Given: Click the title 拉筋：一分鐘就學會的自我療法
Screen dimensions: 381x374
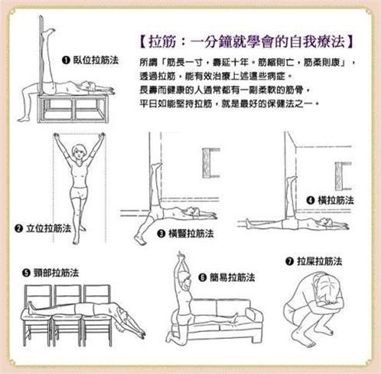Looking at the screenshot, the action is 246,42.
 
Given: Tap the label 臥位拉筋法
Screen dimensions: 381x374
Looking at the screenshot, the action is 96,60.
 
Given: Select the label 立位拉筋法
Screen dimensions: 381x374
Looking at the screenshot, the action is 49,228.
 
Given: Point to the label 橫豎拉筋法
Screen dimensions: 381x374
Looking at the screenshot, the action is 191,234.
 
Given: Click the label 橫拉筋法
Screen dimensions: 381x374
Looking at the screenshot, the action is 336,200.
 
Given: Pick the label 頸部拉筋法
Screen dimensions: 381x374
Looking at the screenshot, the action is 56,273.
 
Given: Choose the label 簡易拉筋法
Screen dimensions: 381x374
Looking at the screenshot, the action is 232,277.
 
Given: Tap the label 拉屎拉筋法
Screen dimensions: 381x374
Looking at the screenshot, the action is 320,261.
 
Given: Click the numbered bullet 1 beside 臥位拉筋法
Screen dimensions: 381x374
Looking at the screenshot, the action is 66,60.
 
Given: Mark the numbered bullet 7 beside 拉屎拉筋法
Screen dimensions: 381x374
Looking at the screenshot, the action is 289,261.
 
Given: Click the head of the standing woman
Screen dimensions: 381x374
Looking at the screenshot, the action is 79,152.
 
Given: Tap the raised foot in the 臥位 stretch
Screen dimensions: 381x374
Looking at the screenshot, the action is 49,33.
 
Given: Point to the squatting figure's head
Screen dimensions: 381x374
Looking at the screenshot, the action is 329,288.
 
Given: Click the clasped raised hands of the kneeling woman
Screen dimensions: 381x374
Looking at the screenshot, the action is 180,257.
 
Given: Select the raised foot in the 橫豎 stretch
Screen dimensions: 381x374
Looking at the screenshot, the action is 156,167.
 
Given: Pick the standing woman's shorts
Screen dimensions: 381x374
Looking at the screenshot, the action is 79,192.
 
